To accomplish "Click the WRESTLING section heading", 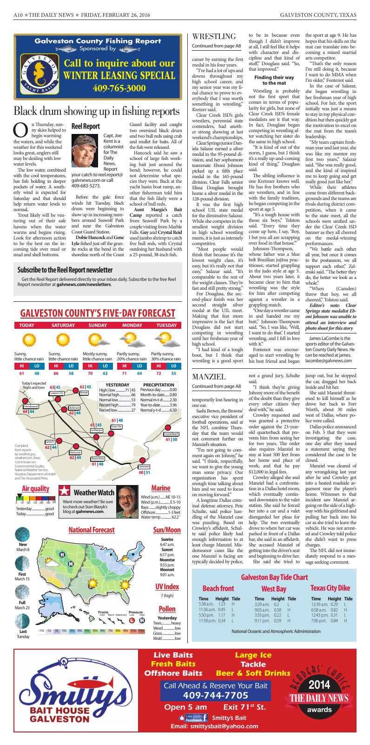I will point(214,36).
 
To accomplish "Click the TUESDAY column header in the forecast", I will point(166,325).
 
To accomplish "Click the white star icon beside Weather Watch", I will point(66,492).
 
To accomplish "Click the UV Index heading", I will point(167,586).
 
